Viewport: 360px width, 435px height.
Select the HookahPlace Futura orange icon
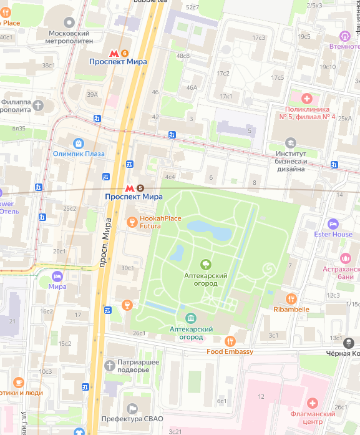[x=132, y=222]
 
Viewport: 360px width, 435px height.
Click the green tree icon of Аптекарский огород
[x=205, y=265]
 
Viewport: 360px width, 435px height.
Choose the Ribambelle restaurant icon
[x=291, y=298]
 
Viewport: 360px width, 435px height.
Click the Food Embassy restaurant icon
[x=230, y=341]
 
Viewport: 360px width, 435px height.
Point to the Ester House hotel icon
[x=333, y=223]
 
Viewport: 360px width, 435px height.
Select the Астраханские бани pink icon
[x=345, y=257]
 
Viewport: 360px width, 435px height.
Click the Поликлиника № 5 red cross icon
[x=306, y=99]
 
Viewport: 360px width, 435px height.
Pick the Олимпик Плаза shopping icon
[x=79, y=143]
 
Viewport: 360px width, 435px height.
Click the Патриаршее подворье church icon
[x=110, y=363]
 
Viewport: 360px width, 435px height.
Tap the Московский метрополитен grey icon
[x=62, y=22]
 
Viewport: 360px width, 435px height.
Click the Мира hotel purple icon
[x=57, y=276]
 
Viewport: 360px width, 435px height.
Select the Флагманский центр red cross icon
[x=313, y=403]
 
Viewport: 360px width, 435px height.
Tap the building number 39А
[x=92, y=95]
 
